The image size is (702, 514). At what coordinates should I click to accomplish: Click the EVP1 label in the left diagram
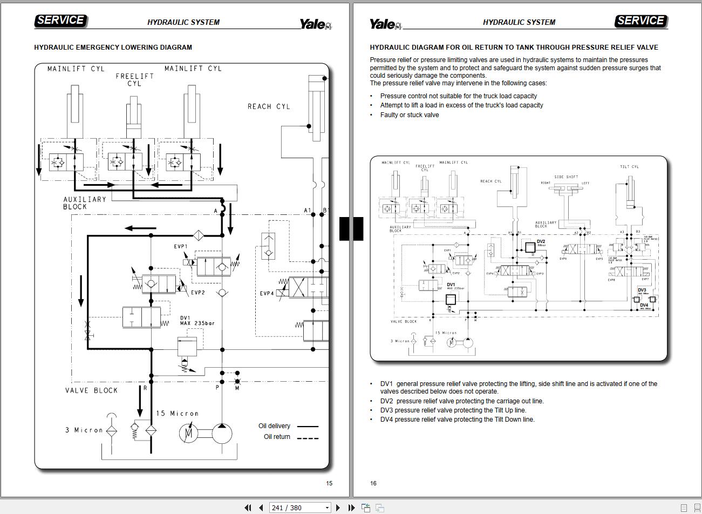180,247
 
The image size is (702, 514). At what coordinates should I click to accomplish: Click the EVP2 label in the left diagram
197,293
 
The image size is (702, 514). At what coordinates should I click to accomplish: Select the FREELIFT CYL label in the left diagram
134,80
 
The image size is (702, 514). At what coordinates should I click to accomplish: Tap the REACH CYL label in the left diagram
269,106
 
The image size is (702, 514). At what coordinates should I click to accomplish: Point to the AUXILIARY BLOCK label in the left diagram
85,203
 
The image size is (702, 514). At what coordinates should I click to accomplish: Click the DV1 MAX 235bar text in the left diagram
197,321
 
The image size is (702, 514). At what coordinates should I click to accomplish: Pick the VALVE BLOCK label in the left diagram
91,390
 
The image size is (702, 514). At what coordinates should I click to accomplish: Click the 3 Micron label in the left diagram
84,430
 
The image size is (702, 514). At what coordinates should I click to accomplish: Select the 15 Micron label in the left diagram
177,414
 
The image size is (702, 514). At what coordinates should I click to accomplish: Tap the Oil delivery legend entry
274,426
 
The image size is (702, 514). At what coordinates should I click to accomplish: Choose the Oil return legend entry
277,437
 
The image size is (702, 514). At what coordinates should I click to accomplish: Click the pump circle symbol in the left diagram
222,433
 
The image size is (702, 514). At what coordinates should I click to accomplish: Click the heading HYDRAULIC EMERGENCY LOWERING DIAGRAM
113,48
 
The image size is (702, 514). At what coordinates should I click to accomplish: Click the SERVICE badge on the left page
60,21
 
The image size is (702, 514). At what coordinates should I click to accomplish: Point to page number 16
373,483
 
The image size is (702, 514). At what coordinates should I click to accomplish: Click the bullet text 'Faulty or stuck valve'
410,115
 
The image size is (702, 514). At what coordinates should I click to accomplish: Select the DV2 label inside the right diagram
541,241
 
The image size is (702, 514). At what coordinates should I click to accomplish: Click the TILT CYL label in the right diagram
629,167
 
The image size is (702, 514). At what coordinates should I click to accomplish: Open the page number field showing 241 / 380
296,508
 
